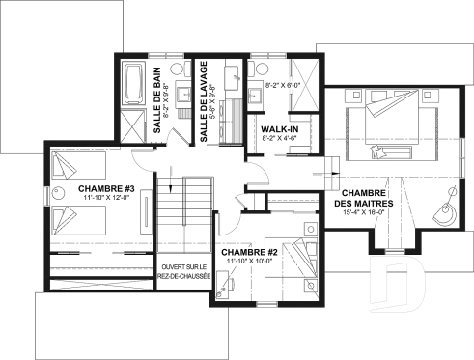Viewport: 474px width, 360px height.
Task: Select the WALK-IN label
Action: [x=277, y=127]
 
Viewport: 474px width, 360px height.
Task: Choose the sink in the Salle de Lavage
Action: [x=234, y=74]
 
